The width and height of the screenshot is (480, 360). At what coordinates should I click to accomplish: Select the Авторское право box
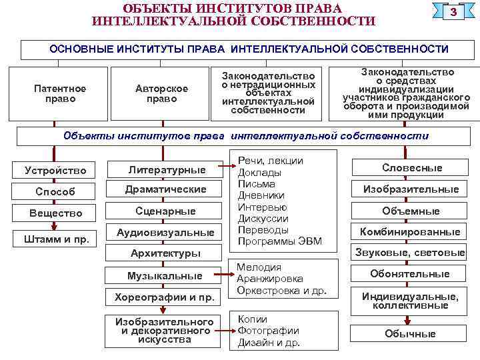(161, 93)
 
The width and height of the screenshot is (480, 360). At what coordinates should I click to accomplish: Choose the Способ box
(55, 191)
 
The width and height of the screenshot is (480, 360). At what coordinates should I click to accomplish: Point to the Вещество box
(55, 213)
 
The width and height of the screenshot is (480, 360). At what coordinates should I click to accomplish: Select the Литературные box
(166, 169)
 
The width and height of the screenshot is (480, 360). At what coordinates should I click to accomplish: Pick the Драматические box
(166, 190)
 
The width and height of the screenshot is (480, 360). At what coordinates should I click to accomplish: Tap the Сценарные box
(166, 211)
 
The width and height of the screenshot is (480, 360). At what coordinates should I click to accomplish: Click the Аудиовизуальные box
(165, 233)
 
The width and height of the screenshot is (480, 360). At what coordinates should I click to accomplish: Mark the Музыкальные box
(165, 275)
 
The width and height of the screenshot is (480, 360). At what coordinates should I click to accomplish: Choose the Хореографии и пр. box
(165, 297)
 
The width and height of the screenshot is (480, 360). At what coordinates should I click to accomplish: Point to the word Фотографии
(269, 331)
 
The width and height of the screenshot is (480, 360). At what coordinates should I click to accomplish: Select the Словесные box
(411, 167)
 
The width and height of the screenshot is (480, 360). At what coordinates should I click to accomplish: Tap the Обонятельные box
(410, 273)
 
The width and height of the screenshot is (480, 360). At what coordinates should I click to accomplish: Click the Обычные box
(410, 333)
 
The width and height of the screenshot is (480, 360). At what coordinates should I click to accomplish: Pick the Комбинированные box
(410, 232)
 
